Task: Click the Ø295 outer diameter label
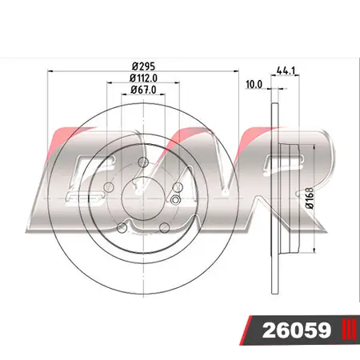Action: click(x=144, y=66)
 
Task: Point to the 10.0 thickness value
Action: click(x=254, y=83)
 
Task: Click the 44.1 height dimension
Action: click(x=283, y=70)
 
